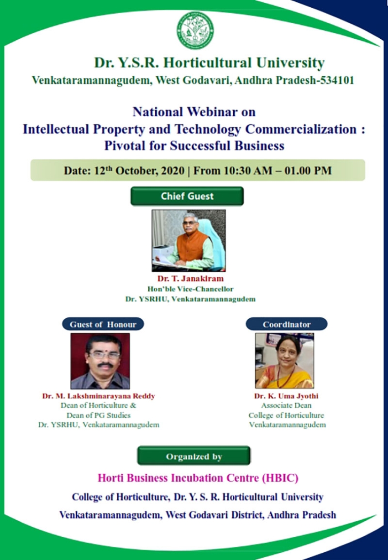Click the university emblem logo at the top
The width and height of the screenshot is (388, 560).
click(x=195, y=30)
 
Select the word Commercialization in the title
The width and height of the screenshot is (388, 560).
click(x=301, y=129)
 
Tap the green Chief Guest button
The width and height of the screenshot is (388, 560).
click(x=187, y=196)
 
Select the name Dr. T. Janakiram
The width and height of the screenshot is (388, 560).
click(x=190, y=279)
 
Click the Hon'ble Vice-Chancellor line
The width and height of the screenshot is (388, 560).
click(x=190, y=289)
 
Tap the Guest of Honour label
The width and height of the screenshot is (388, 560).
click(x=103, y=324)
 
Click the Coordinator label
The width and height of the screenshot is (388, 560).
click(x=287, y=324)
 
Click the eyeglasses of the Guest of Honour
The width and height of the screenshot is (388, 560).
click(x=105, y=355)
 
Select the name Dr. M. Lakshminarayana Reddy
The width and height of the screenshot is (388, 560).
click(x=99, y=396)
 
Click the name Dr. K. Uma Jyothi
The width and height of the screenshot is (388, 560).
click(x=286, y=396)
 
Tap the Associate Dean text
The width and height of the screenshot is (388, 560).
click(x=286, y=405)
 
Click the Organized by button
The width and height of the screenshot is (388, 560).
click(x=194, y=456)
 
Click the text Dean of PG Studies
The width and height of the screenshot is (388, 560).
click(x=99, y=415)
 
